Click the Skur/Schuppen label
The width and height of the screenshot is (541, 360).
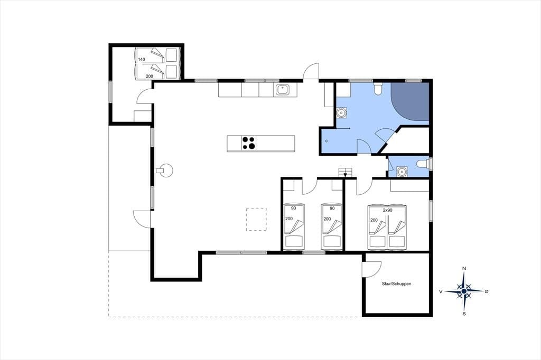[x=396, y=284]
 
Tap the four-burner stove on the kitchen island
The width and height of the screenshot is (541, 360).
[x=248, y=144]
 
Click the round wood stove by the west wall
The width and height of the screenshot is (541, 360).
[x=165, y=170]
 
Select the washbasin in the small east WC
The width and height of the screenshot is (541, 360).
[x=401, y=171]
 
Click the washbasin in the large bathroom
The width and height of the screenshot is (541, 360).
[x=341, y=113]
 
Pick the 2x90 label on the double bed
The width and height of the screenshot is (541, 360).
[x=387, y=210]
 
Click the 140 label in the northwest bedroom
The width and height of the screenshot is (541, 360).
[x=142, y=59]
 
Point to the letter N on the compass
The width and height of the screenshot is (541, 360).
[x=464, y=269]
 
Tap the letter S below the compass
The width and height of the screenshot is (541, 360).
[x=464, y=314]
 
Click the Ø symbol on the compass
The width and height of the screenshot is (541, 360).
[x=487, y=291]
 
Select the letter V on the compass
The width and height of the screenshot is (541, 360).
[x=441, y=291]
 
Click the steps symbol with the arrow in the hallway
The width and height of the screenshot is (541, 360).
[x=345, y=173]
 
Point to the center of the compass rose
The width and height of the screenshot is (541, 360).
[x=464, y=291]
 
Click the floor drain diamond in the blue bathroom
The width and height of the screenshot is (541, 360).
[x=327, y=141]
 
